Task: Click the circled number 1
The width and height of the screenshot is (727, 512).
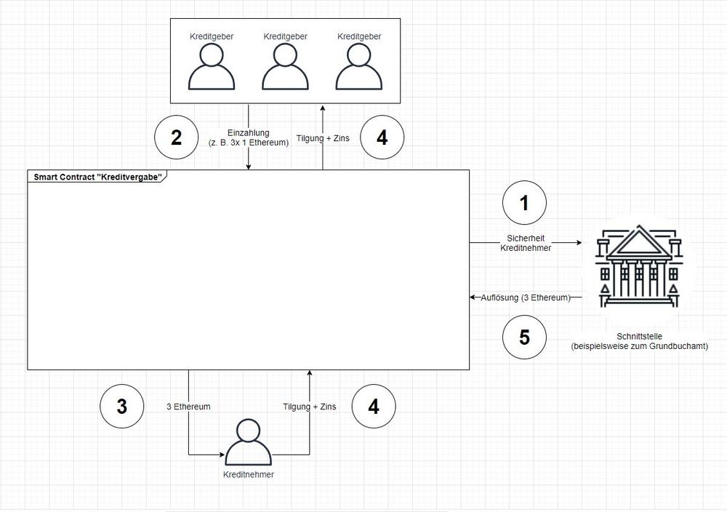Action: click(524, 203)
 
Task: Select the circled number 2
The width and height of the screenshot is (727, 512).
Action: click(176, 137)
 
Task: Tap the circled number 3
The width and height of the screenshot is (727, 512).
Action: click(122, 407)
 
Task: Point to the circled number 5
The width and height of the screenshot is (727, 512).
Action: click(524, 337)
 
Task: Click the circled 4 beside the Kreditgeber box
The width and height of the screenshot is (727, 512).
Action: click(382, 137)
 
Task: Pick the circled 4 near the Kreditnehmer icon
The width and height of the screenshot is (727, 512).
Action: click(374, 407)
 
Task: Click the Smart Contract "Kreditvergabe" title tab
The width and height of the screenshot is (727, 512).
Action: click(97, 177)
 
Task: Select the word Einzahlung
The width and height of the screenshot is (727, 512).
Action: click(249, 132)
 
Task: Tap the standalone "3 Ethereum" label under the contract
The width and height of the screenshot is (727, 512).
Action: click(189, 407)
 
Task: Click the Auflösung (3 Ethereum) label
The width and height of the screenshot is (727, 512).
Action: click(526, 297)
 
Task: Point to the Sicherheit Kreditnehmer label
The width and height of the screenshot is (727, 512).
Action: click(526, 243)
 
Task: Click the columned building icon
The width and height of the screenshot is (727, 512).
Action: click(639, 267)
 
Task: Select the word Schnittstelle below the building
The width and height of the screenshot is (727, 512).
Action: click(639, 336)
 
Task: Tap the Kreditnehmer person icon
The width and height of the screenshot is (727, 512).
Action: click(249, 442)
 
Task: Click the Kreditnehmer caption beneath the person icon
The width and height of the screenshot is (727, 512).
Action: click(249, 474)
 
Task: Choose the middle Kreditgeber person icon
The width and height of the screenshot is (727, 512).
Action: click(285, 66)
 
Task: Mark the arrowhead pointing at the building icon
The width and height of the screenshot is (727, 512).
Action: click(579, 243)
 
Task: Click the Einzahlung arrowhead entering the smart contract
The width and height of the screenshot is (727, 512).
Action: click(249, 167)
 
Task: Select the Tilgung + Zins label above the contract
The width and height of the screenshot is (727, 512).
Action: click(324, 138)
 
